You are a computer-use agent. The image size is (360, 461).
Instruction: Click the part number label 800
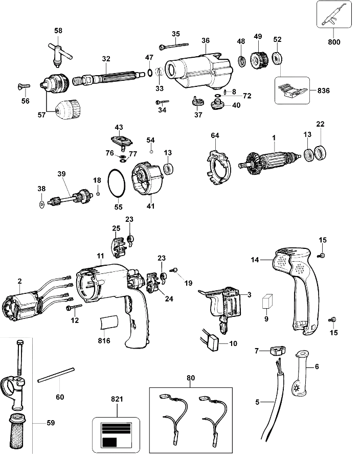coord(334,42)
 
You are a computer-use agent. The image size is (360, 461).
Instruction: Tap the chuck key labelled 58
coord(59,52)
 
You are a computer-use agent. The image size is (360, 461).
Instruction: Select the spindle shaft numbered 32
coord(109,77)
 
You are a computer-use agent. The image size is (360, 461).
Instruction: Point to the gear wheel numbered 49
coord(259,61)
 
